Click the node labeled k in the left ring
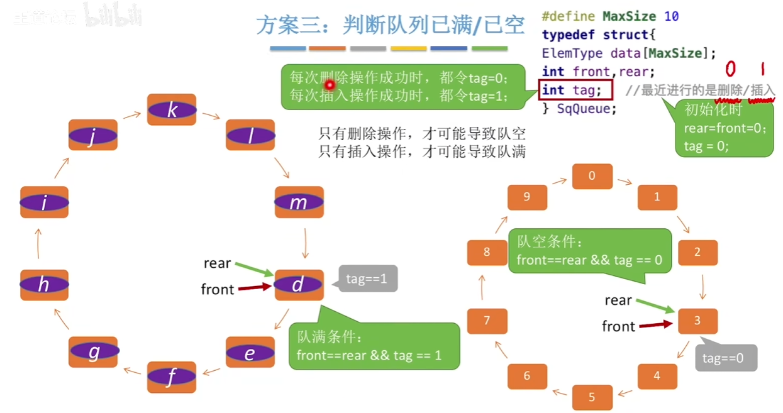point(172,110)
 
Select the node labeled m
point(299,202)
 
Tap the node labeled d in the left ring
point(299,285)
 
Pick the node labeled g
point(93,352)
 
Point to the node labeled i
point(44,202)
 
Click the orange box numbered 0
point(592,176)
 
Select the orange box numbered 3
point(697,321)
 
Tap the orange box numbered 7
point(487,321)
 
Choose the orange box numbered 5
point(592,397)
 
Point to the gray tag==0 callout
point(726,358)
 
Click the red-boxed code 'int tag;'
point(575,90)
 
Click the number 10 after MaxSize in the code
point(671,16)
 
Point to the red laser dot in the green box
point(328,84)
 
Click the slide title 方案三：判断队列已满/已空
point(390,25)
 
